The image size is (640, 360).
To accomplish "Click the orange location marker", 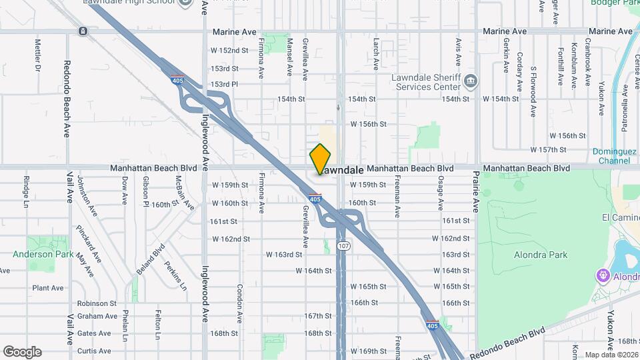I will click(321, 159).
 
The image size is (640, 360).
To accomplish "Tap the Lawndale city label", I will click(342, 171).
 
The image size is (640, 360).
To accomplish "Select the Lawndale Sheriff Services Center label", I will click(426, 82).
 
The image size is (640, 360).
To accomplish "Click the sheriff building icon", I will click(471, 81).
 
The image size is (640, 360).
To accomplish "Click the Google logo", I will click(22, 352).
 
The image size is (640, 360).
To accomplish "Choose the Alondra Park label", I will click(541, 255).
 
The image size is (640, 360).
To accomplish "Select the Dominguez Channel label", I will click(614, 156).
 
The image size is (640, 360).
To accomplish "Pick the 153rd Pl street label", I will click(225, 84).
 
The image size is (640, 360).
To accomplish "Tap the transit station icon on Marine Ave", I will click(82, 31).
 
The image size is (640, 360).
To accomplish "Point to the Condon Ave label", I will click(239, 303).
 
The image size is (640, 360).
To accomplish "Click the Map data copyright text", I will click(611, 355).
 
